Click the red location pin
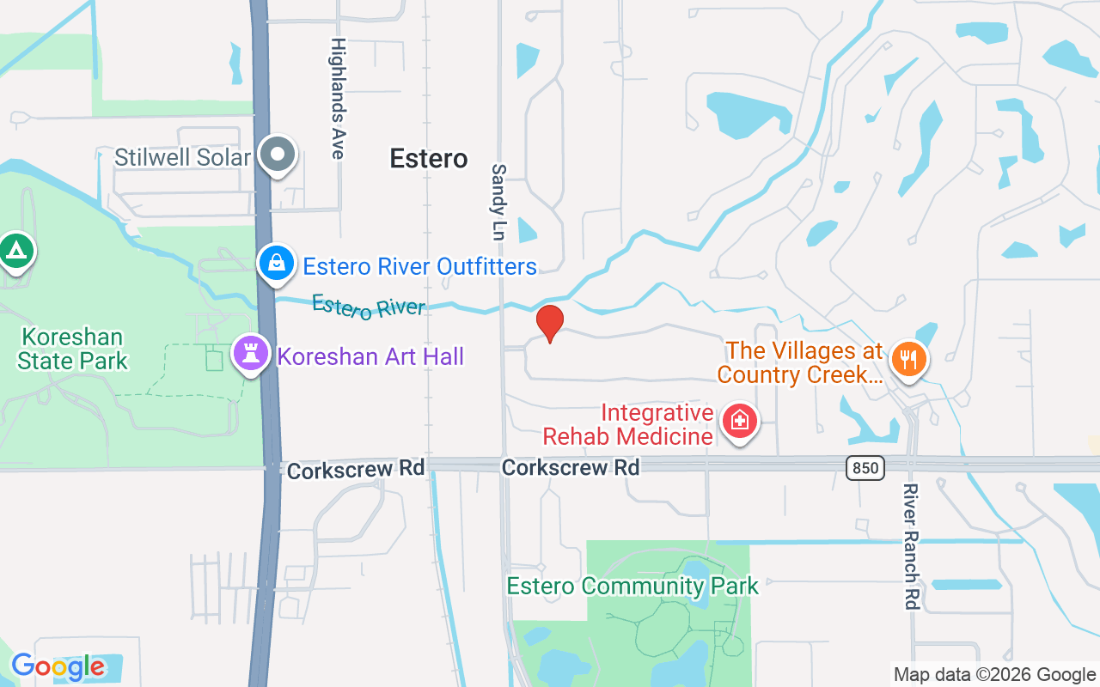pos(549,324)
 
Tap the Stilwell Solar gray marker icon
pos(277,155)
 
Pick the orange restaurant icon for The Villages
pos(908,357)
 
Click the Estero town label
pos(429,158)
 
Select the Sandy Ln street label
pos(499,202)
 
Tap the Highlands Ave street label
pos(338,98)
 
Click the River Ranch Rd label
pos(911,546)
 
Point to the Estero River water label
pos(368,307)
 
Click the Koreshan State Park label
pos(72,349)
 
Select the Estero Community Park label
pos(632,587)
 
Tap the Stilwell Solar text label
pos(182,157)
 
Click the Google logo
pos(58,666)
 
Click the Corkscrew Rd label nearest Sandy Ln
pos(571,467)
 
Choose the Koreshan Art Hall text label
pos(370,356)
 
